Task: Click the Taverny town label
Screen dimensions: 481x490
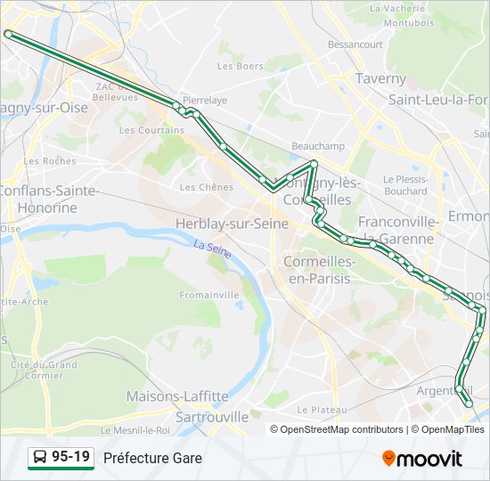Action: click(x=380, y=78)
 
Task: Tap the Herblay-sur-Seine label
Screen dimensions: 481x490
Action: click(x=233, y=224)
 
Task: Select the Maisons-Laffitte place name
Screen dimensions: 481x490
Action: click(x=177, y=396)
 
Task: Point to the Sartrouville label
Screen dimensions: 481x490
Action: click(x=212, y=416)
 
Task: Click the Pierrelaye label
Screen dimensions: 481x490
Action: click(x=204, y=101)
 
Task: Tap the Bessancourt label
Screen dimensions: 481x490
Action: click(x=355, y=45)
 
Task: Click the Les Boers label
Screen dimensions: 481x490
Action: click(x=241, y=66)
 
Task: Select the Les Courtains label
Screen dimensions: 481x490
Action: click(x=151, y=130)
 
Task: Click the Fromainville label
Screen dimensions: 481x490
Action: click(x=209, y=295)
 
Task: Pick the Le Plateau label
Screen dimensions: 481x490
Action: click(x=322, y=410)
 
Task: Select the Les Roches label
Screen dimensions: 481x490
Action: click(x=51, y=161)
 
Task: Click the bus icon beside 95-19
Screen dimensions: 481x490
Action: click(x=40, y=458)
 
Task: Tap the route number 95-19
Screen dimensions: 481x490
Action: click(x=70, y=458)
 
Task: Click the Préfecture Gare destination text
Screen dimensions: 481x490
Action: click(x=152, y=458)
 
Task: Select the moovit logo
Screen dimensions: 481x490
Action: click(x=422, y=459)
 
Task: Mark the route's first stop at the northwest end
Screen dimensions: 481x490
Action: click(x=8, y=34)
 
